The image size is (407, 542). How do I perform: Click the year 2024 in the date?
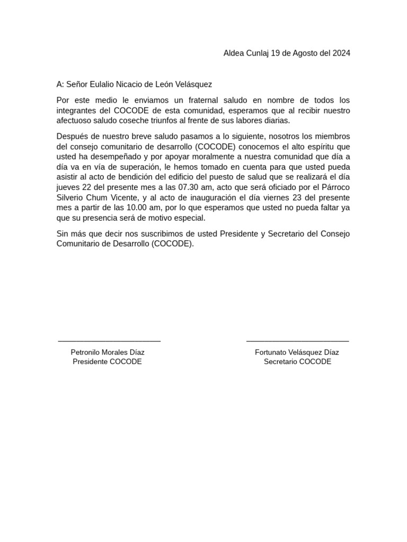[x=341, y=53]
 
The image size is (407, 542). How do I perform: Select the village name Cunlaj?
[x=256, y=53]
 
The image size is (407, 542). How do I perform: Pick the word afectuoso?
[x=75, y=120]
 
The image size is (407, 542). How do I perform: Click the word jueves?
[x=68, y=187]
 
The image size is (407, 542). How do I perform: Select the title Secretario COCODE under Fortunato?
[x=297, y=362]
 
